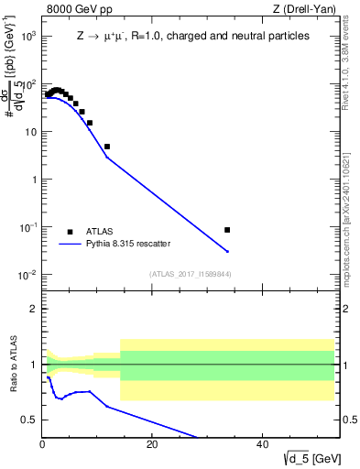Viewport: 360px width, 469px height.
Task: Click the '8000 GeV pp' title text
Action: (77, 10)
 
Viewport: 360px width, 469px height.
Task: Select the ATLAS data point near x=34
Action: (227, 230)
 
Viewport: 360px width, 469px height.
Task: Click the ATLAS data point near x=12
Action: (107, 147)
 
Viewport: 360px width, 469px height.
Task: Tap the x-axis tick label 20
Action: (152, 444)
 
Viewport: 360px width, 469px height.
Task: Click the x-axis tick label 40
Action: (262, 444)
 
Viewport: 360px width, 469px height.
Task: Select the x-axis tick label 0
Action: (42, 444)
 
